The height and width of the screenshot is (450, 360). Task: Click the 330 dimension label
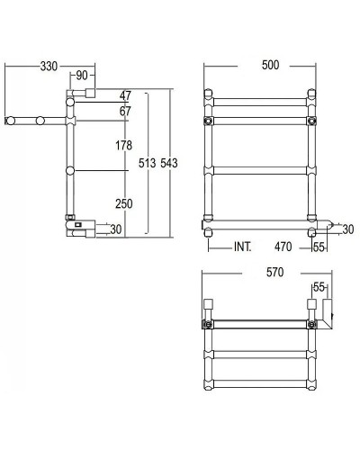pos(50,66)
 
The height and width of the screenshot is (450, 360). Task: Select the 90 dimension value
pos(82,75)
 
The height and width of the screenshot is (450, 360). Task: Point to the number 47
pos(124,95)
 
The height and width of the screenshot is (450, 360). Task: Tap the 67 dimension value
pos(124,111)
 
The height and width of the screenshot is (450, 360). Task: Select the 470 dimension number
pos(283,245)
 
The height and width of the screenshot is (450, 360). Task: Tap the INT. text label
pos(242,245)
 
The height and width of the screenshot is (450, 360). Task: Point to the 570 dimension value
pos(274,272)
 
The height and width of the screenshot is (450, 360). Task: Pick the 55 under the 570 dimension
pos(318,287)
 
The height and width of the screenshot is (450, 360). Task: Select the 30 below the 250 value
pos(115,229)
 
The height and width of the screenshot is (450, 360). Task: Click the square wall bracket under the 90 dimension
pos(90,93)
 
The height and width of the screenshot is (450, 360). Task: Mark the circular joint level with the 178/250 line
pos(69,171)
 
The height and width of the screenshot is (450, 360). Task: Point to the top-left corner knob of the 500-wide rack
pos(210,93)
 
